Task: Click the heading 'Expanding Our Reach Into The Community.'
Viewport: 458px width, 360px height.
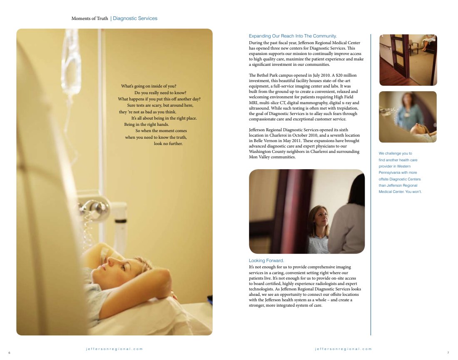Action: pyautogui.click(x=293, y=36)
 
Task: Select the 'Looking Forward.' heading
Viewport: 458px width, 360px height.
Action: pyautogui.click(x=266, y=261)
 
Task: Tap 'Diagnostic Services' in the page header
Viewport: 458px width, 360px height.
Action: pyautogui.click(x=135, y=18)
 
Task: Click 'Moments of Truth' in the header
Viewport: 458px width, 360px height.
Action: pyautogui.click(x=90, y=18)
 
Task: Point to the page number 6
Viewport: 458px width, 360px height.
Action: pyautogui.click(x=9, y=353)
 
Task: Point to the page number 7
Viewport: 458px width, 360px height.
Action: pyautogui.click(x=448, y=353)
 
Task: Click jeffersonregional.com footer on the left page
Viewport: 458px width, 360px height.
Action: pyautogui.click(x=114, y=349)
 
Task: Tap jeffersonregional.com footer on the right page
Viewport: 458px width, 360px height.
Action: pyautogui.click(x=343, y=349)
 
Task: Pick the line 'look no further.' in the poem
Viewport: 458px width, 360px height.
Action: pyautogui.click(x=168, y=143)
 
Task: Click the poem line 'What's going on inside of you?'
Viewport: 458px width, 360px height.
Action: pyautogui.click(x=149, y=86)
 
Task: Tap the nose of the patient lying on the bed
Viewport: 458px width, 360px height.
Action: pyautogui.click(x=110, y=261)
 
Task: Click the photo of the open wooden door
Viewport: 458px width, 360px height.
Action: pyautogui.click(x=408, y=60)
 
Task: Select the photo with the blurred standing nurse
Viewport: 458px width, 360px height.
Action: pyautogui.click(x=408, y=117)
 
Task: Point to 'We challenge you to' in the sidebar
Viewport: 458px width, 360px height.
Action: pyautogui.click(x=395, y=153)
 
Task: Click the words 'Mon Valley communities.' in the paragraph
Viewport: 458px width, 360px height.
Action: pyautogui.click(x=272, y=157)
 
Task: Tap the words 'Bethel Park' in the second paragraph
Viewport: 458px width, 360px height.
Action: pyautogui.click(x=267, y=75)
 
